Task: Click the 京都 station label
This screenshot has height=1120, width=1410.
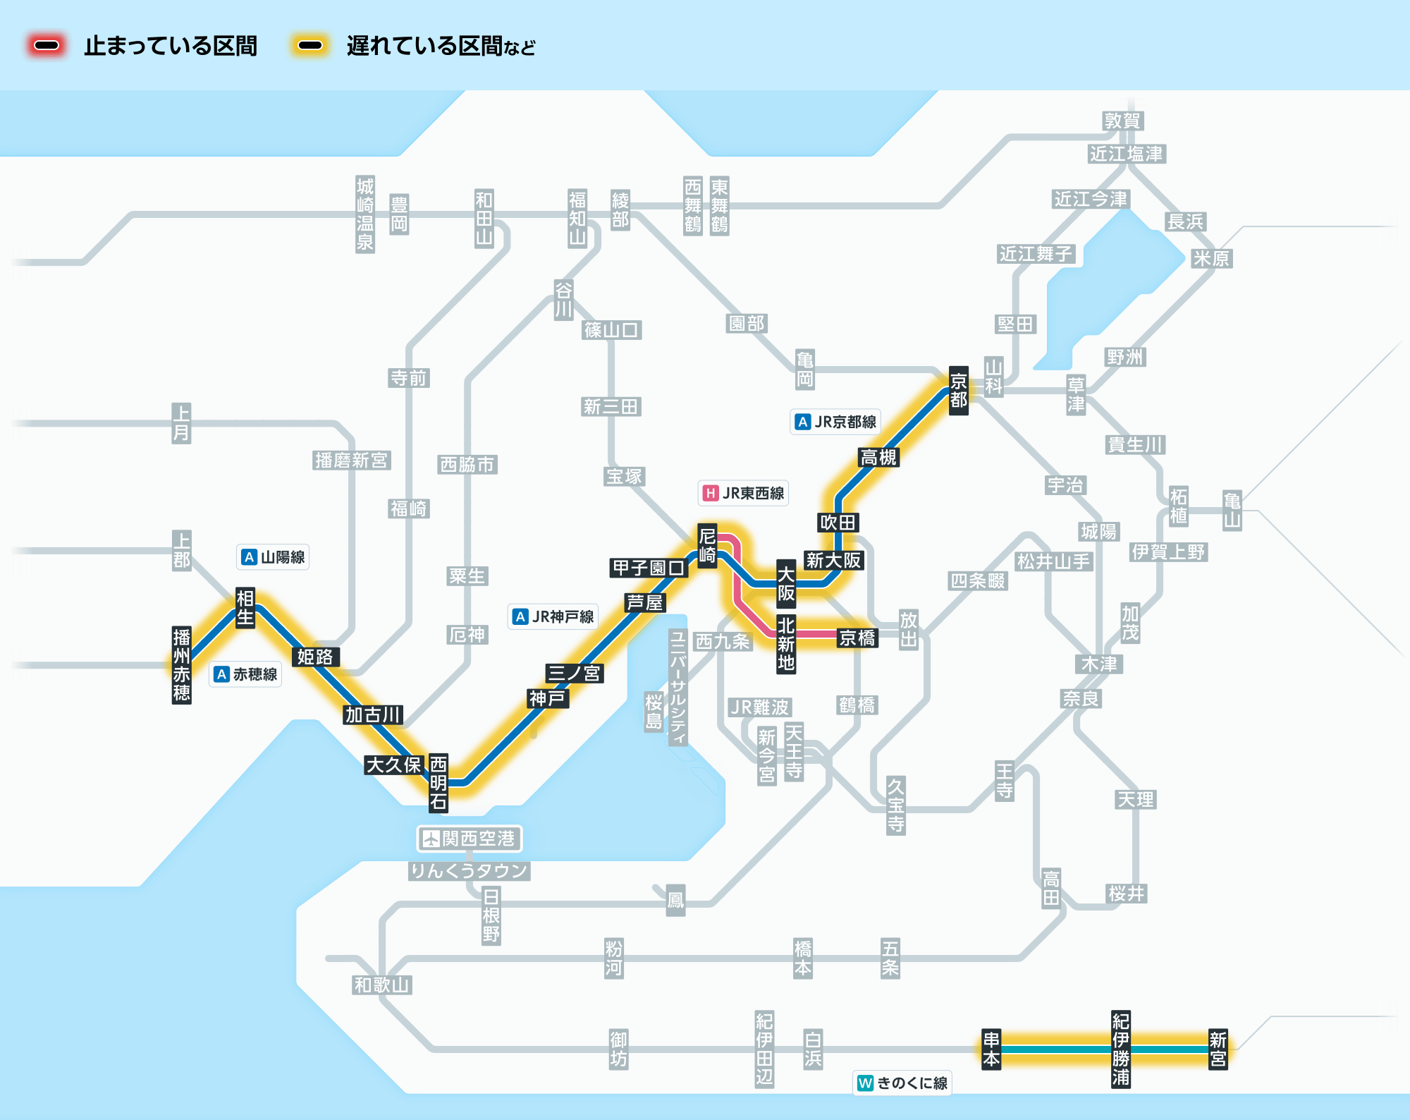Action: coord(958,391)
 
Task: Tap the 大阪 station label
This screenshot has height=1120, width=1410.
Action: coord(786,583)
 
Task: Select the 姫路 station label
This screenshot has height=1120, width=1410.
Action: coord(315,657)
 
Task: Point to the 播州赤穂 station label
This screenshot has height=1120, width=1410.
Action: coord(182,665)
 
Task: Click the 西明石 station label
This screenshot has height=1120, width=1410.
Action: coord(439,782)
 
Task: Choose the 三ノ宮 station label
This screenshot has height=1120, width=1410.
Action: coord(574,673)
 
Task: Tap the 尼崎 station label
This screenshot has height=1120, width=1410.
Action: coord(707,545)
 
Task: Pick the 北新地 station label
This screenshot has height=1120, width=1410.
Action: coord(786,644)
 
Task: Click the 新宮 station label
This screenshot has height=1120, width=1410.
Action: coord(1218,1049)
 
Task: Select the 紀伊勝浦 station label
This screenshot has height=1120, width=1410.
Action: coord(1120,1049)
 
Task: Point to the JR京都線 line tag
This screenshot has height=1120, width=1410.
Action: coord(835,422)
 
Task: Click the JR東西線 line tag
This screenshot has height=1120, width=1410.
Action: coord(744,493)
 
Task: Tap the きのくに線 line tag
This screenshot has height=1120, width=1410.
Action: coord(902,1083)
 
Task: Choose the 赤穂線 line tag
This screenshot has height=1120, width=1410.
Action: coord(246,674)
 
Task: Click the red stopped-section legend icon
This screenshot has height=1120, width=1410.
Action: coord(47,46)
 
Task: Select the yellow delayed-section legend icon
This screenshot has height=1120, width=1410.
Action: coord(310,46)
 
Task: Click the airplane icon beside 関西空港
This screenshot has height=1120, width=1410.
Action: coord(430,839)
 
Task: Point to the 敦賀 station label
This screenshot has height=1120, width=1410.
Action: coord(1122,121)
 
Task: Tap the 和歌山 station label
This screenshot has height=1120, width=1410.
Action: coord(382,985)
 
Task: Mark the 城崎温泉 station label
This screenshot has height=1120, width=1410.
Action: coord(364,214)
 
